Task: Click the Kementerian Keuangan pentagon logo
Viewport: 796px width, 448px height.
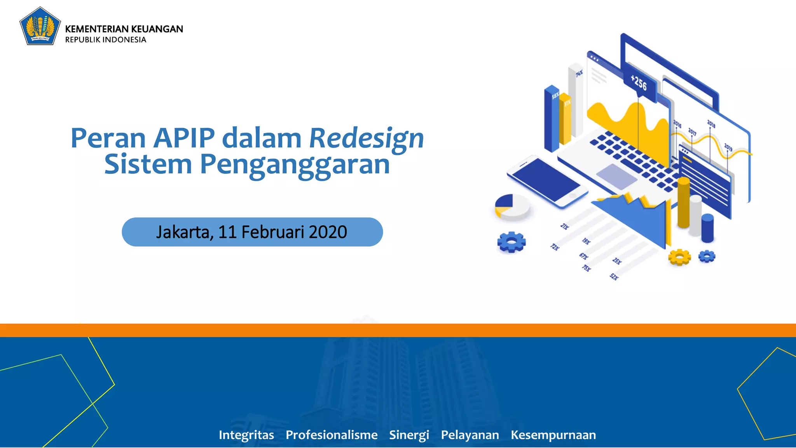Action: (40, 26)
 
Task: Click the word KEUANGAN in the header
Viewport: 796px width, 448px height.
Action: (157, 29)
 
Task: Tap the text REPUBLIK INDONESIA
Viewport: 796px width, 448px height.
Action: (106, 40)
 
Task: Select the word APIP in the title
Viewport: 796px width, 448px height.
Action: (184, 138)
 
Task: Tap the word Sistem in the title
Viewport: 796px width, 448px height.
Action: (148, 164)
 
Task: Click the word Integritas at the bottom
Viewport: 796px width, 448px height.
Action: (246, 435)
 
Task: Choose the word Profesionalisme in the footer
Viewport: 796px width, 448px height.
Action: (332, 435)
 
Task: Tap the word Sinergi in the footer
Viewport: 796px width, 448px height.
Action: (409, 435)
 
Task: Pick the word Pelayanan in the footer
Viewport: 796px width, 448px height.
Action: (470, 435)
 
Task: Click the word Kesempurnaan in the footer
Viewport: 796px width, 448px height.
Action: (553, 435)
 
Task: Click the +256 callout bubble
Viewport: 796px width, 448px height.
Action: (639, 83)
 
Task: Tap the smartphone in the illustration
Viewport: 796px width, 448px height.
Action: (547, 181)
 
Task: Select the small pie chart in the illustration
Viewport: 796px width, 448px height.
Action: (512, 206)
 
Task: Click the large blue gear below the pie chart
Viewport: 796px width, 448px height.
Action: (511, 242)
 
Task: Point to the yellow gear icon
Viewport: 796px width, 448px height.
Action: (679, 257)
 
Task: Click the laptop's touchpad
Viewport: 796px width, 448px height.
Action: (616, 177)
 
